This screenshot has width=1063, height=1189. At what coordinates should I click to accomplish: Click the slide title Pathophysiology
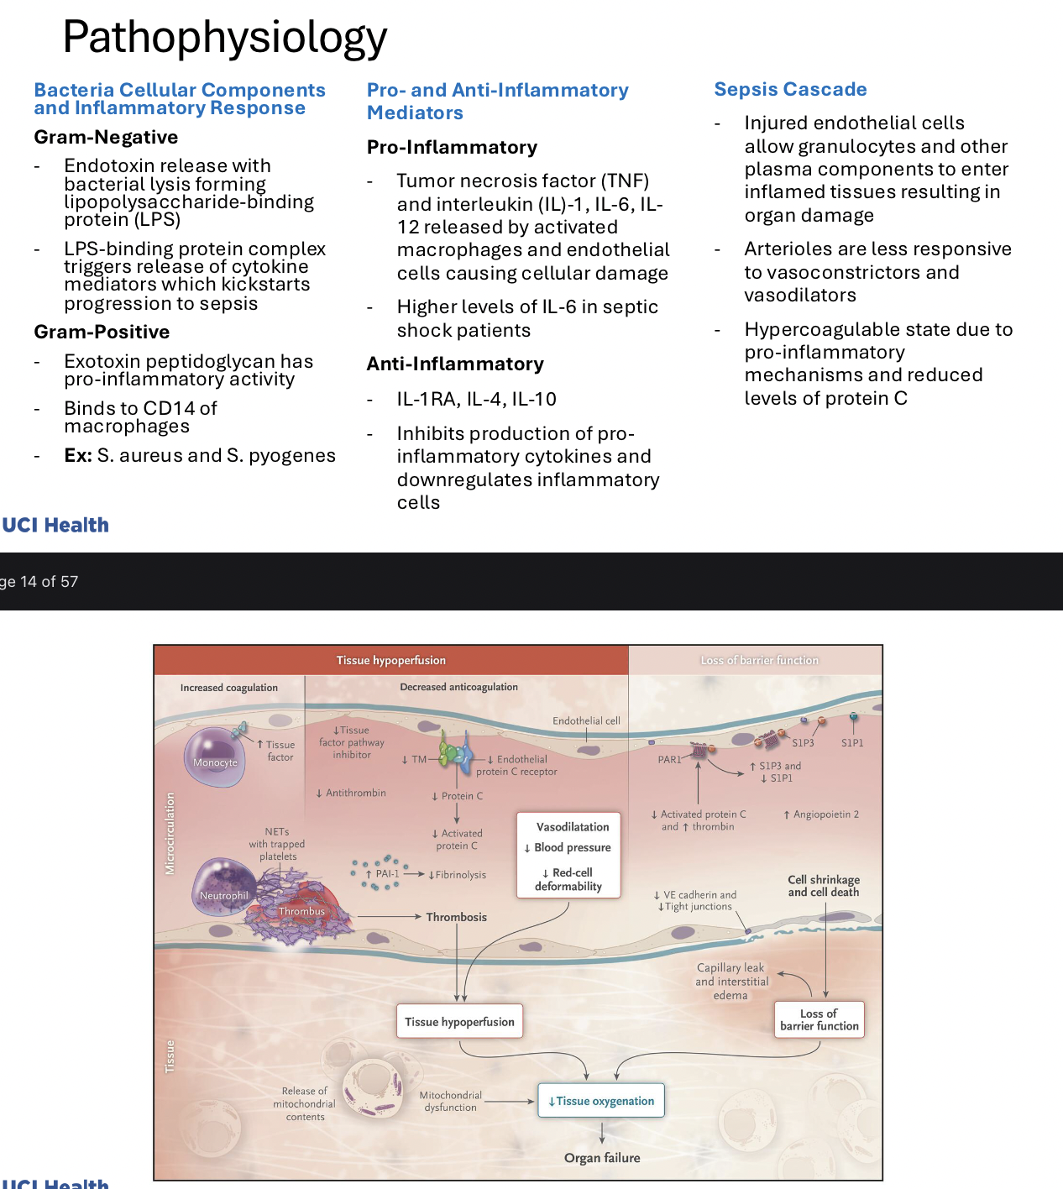click(225, 37)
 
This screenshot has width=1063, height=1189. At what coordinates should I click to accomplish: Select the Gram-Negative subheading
click(106, 137)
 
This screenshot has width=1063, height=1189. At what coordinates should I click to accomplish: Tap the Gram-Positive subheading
click(102, 332)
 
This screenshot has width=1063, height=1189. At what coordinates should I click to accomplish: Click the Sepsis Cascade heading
click(790, 89)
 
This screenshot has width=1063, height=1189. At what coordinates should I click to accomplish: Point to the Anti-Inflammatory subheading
click(455, 364)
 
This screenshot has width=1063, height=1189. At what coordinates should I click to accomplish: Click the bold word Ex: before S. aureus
click(78, 455)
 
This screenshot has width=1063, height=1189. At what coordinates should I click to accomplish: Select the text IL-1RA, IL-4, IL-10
click(476, 399)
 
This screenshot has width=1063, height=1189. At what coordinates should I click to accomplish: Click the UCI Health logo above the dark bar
click(55, 525)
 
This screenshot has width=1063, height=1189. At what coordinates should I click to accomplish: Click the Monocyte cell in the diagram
click(215, 757)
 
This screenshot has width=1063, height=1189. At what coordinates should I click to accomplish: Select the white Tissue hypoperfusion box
click(459, 1021)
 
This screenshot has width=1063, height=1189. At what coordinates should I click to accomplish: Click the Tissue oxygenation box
click(601, 1101)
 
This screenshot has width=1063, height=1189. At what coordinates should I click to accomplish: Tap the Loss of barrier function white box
click(819, 1019)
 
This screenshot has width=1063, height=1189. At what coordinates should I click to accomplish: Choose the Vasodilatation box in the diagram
click(568, 855)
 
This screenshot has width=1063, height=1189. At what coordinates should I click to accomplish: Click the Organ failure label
click(602, 1158)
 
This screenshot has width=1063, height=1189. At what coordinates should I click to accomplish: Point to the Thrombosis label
click(456, 917)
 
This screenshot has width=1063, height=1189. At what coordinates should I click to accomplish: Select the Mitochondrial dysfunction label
click(451, 1101)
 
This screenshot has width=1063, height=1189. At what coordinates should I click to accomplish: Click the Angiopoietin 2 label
click(821, 814)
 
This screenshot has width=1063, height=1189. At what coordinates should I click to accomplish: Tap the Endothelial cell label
click(586, 720)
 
